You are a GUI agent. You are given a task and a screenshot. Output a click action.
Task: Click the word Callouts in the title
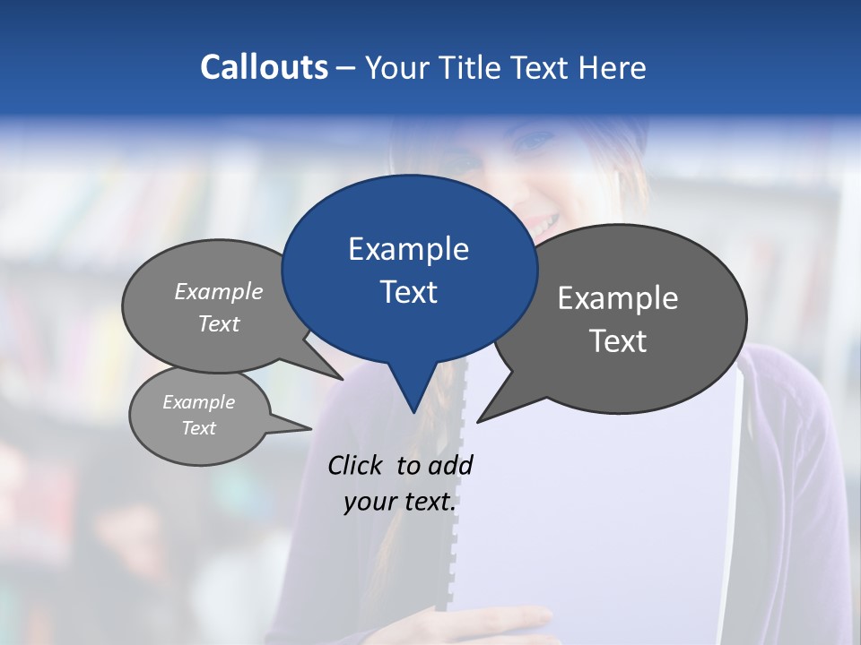click(265, 67)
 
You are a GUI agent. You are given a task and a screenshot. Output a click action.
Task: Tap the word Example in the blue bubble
click(408, 249)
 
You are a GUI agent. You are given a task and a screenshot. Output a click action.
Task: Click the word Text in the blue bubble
click(408, 292)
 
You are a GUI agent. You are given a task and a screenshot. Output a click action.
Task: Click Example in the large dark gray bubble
click(618, 298)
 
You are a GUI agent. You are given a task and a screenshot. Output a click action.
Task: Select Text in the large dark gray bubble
click(618, 341)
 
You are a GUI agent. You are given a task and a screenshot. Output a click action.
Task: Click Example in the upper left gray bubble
click(219, 291)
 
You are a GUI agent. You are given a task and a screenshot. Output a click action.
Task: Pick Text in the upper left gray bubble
click(219, 324)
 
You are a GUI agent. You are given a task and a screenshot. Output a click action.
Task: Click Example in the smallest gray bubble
click(198, 402)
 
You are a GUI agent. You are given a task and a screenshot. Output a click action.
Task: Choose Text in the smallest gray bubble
click(198, 428)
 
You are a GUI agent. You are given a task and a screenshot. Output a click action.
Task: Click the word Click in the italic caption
click(357, 465)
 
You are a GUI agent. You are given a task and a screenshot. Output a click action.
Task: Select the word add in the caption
click(450, 465)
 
